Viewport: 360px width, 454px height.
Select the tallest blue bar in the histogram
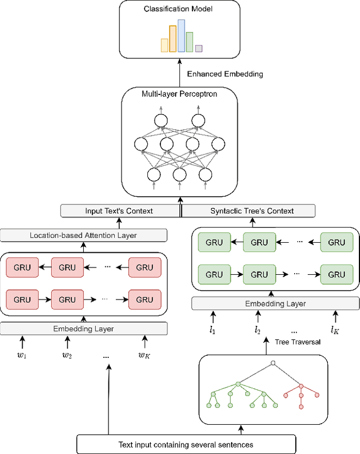tap(181, 36)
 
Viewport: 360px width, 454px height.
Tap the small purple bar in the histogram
tap(199, 48)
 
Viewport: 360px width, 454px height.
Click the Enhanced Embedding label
tap(224, 74)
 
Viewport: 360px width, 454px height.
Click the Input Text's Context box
tap(119, 211)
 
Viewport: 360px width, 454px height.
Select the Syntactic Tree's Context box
tap(252, 211)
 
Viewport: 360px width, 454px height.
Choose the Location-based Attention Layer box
tap(83, 235)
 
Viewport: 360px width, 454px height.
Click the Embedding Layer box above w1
tap(83, 328)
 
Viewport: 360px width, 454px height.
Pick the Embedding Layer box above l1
tap(275, 304)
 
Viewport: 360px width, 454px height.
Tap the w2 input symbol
tap(67, 355)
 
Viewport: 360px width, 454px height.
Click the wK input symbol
tap(145, 355)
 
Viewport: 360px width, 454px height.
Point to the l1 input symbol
tap(213, 330)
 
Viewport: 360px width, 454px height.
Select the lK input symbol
tap(335, 330)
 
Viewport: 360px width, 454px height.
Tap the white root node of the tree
tap(273, 364)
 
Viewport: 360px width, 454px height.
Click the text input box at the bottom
tap(186, 444)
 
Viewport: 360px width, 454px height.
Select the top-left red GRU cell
tap(22, 267)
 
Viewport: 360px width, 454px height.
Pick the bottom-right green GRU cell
tap(336, 275)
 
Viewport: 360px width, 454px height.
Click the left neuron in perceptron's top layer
tap(161, 120)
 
